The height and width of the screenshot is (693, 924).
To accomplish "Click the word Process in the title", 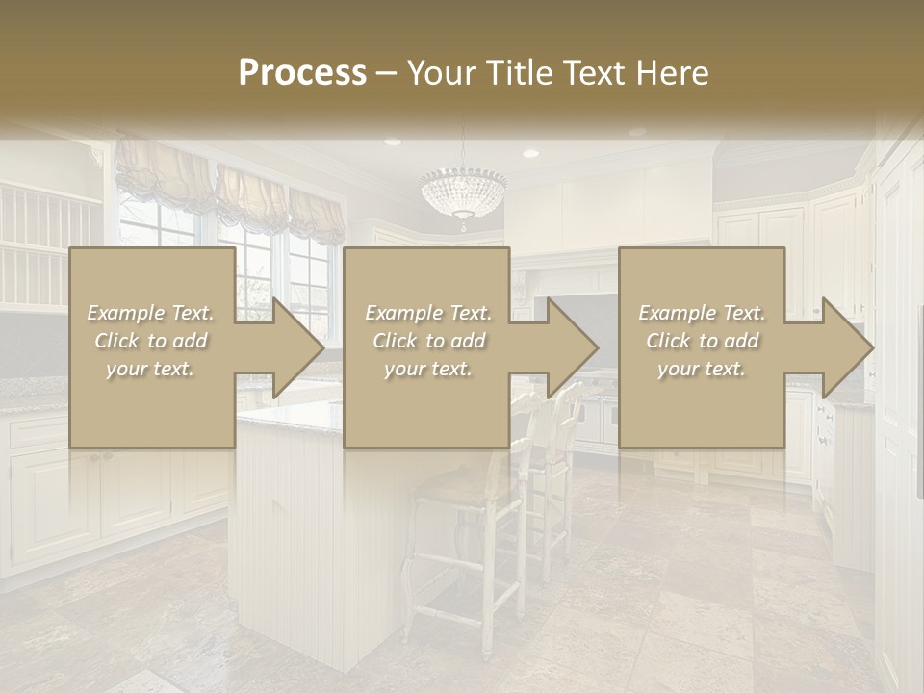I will click(x=302, y=73).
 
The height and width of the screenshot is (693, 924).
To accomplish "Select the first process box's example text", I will click(x=151, y=341).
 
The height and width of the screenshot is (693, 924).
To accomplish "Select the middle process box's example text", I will click(x=428, y=341).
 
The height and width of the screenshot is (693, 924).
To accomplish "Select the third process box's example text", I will click(x=702, y=341).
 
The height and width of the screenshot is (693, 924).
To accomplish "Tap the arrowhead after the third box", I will click(x=846, y=347).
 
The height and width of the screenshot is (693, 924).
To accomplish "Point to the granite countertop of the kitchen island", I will click(x=289, y=419).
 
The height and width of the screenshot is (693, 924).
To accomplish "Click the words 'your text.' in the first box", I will click(x=151, y=369).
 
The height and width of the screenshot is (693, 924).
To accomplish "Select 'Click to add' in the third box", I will click(x=702, y=341).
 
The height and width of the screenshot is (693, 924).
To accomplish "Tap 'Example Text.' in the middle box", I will click(x=428, y=313).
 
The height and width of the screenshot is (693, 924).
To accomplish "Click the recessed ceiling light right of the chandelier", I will click(x=530, y=153).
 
